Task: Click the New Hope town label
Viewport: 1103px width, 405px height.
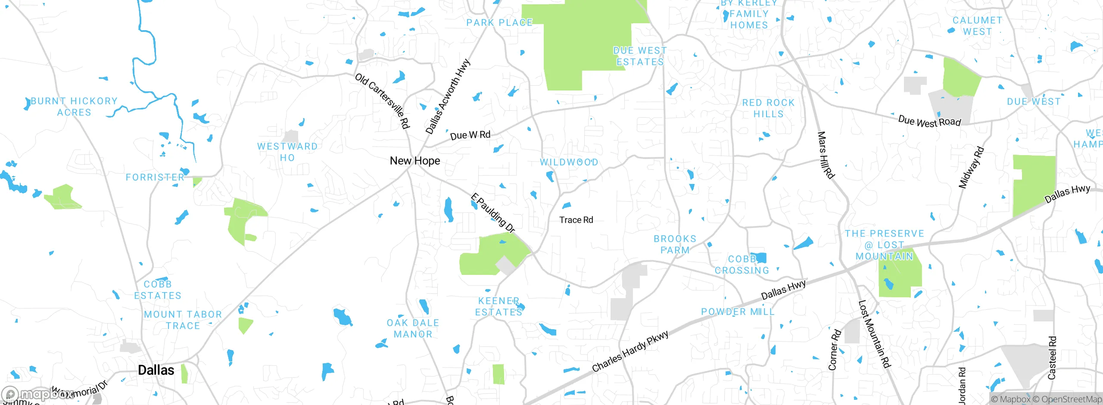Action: (415, 161)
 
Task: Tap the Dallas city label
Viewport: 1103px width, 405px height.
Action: (156, 370)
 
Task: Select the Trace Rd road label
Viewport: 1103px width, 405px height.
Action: (576, 220)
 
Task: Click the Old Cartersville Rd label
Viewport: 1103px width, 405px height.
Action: (382, 101)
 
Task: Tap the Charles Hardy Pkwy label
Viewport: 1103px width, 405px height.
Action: (630, 351)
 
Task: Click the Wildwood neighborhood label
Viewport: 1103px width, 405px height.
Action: (569, 162)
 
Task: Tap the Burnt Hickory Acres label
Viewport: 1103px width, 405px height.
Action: (74, 106)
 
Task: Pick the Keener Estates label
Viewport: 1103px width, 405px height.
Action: (499, 306)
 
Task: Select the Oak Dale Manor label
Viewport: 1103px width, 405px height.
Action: (413, 328)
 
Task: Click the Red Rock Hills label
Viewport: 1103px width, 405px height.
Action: (768, 108)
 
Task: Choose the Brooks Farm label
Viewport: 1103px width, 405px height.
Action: (675, 244)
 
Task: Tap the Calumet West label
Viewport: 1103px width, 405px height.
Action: (977, 26)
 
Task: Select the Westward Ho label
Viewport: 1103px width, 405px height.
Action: (287, 152)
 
